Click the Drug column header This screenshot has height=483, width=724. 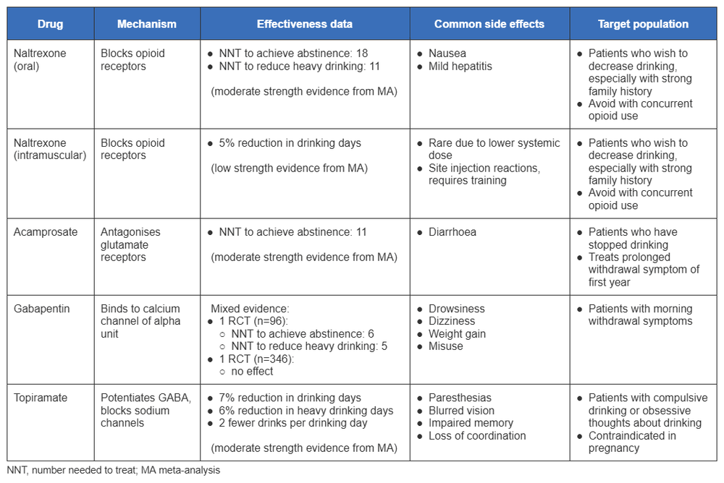click(50, 24)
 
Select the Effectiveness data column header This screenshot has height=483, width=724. click(305, 24)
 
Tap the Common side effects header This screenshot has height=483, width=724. click(489, 24)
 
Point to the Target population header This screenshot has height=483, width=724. click(643, 24)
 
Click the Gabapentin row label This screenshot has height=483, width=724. click(42, 309)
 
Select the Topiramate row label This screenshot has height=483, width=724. click(41, 398)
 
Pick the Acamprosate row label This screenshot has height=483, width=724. click(44, 232)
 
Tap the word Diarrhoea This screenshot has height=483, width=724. click(452, 232)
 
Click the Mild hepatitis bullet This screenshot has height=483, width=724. click(460, 66)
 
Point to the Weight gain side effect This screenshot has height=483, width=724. click(457, 334)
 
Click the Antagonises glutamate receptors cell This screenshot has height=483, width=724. click(130, 244)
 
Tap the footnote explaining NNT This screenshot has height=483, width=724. click(114, 470)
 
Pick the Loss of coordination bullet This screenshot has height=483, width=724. click(477, 435)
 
